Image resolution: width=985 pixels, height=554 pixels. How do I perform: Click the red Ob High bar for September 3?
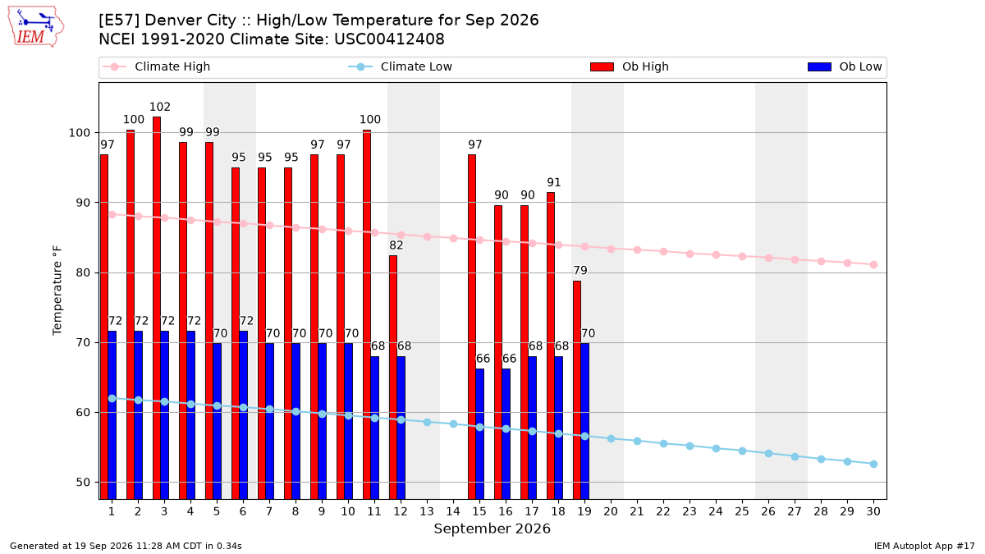(x=157, y=308)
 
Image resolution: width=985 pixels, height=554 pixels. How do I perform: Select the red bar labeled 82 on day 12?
(x=393, y=378)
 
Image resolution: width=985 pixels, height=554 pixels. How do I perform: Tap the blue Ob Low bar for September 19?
(x=584, y=421)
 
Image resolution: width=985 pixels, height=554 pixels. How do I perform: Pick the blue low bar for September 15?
(x=479, y=433)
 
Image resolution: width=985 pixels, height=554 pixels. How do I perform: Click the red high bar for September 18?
(x=551, y=346)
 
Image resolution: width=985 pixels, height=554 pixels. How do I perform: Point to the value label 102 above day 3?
(x=159, y=107)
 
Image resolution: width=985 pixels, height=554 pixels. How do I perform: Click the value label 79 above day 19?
(x=580, y=270)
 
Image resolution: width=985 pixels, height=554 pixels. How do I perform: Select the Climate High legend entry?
(x=157, y=66)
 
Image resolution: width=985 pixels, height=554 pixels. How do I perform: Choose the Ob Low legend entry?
(x=845, y=66)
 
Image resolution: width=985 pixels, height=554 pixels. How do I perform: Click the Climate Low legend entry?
(x=401, y=66)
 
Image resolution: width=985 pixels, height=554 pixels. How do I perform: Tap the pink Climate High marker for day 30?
(x=873, y=264)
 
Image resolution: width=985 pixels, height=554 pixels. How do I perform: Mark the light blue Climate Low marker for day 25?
(x=742, y=451)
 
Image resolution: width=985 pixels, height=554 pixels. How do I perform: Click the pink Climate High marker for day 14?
(x=453, y=238)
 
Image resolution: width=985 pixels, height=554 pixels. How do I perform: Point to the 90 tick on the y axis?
(x=82, y=203)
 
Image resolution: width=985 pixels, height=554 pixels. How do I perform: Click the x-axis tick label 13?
(x=427, y=512)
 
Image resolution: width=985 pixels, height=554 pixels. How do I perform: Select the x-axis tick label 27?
(x=795, y=512)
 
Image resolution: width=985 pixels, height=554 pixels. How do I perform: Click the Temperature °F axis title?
(x=57, y=291)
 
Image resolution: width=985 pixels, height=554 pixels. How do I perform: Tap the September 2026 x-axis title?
(x=492, y=529)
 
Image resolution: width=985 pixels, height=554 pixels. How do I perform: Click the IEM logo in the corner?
(x=36, y=27)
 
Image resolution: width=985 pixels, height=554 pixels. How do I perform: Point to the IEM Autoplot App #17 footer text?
(x=924, y=546)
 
